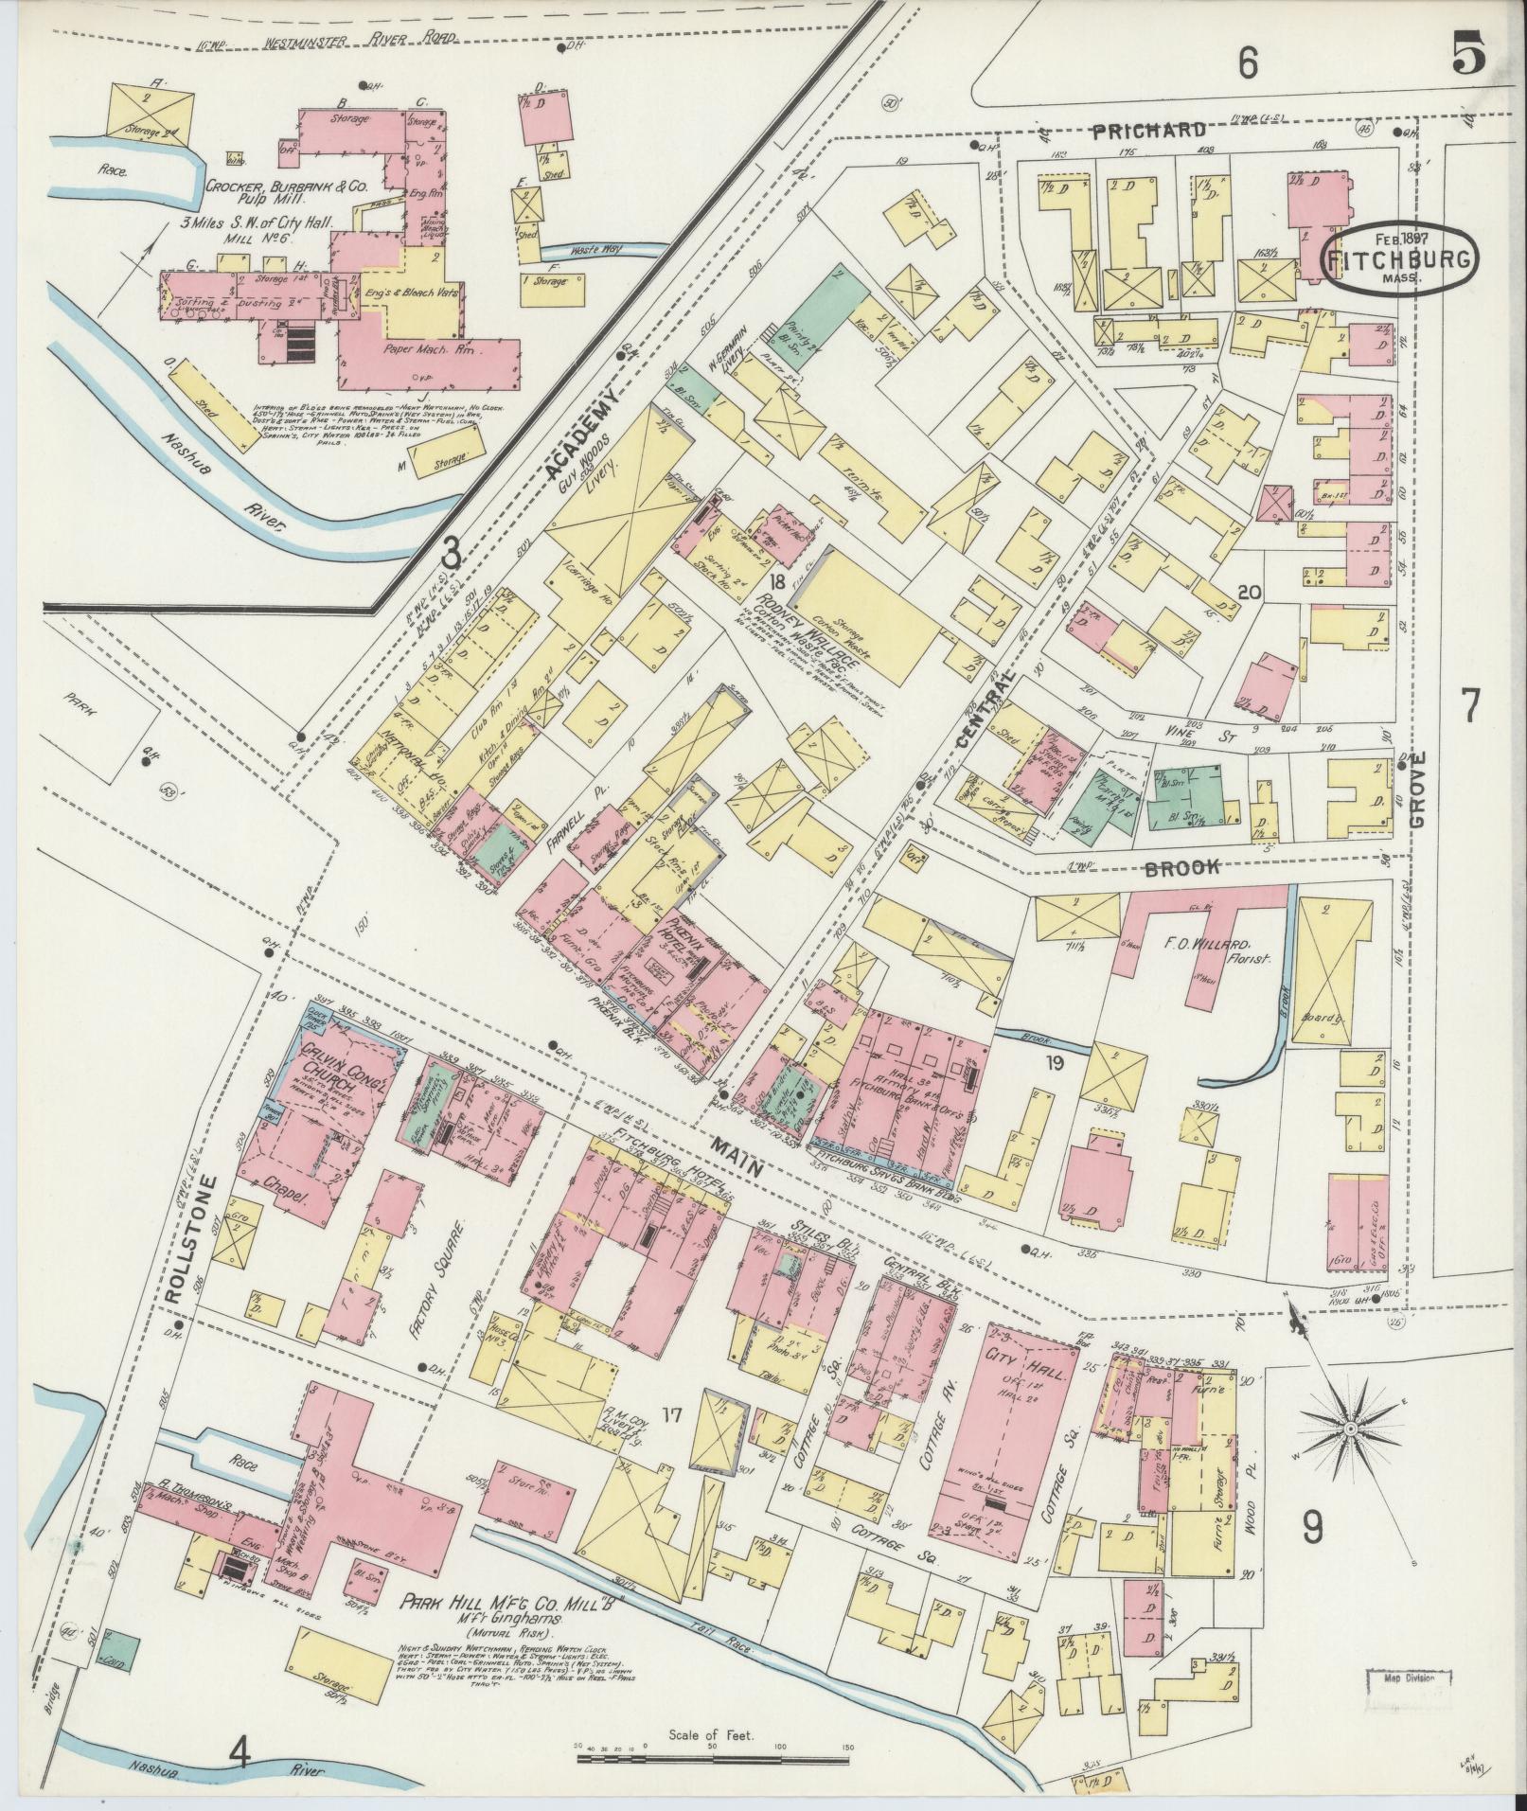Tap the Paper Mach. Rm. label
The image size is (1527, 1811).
tap(429, 348)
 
